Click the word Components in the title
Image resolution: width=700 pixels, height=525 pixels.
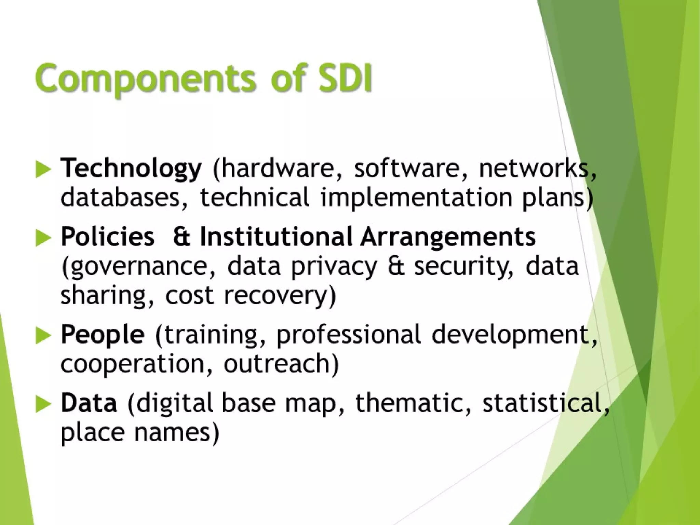tap(145, 78)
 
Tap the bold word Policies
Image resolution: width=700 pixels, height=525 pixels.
tap(107, 237)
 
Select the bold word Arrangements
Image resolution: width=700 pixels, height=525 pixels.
tap(448, 237)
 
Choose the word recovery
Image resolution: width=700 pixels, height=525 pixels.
tap(280, 295)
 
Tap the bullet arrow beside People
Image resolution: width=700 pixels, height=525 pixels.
tap(43, 335)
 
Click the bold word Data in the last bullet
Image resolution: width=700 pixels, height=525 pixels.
tap(89, 403)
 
